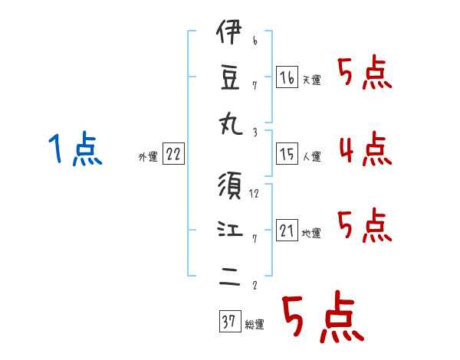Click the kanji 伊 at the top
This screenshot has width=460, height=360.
[229, 31]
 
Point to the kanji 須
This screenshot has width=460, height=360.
[230, 185]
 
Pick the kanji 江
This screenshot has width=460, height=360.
[230, 229]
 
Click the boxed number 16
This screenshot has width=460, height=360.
[287, 77]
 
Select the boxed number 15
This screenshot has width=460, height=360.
[287, 154]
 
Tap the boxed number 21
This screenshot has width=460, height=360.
[287, 230]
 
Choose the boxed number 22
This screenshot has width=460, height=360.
[173, 154]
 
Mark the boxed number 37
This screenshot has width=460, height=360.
[230, 321]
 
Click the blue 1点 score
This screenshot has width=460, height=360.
[75, 148]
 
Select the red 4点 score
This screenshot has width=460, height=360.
[366, 149]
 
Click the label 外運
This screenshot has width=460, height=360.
[148, 157]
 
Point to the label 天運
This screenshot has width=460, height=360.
[312, 80]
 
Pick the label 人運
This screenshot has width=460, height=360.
[312, 156]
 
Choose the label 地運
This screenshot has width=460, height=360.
[311, 233]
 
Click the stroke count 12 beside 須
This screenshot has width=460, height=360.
[254, 194]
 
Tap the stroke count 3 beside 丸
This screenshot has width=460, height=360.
[255, 133]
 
